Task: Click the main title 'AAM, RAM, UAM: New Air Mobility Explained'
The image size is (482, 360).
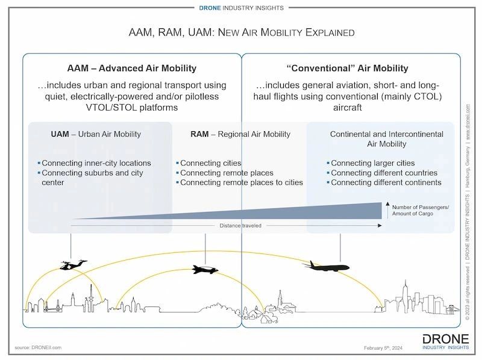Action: [242, 31]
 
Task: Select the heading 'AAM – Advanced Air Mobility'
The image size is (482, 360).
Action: [131, 68]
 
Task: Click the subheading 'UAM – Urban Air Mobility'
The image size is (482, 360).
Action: [96, 134]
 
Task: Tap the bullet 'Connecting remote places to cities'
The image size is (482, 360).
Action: [241, 182]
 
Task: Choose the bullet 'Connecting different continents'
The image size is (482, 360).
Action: [386, 182]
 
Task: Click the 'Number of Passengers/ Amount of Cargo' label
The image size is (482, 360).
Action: [420, 211]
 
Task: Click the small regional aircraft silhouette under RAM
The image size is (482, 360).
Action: [205, 270]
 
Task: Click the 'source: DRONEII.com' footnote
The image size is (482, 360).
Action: [39, 347]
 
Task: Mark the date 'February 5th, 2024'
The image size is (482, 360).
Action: [387, 348]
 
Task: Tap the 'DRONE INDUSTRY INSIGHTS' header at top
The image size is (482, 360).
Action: [241, 8]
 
